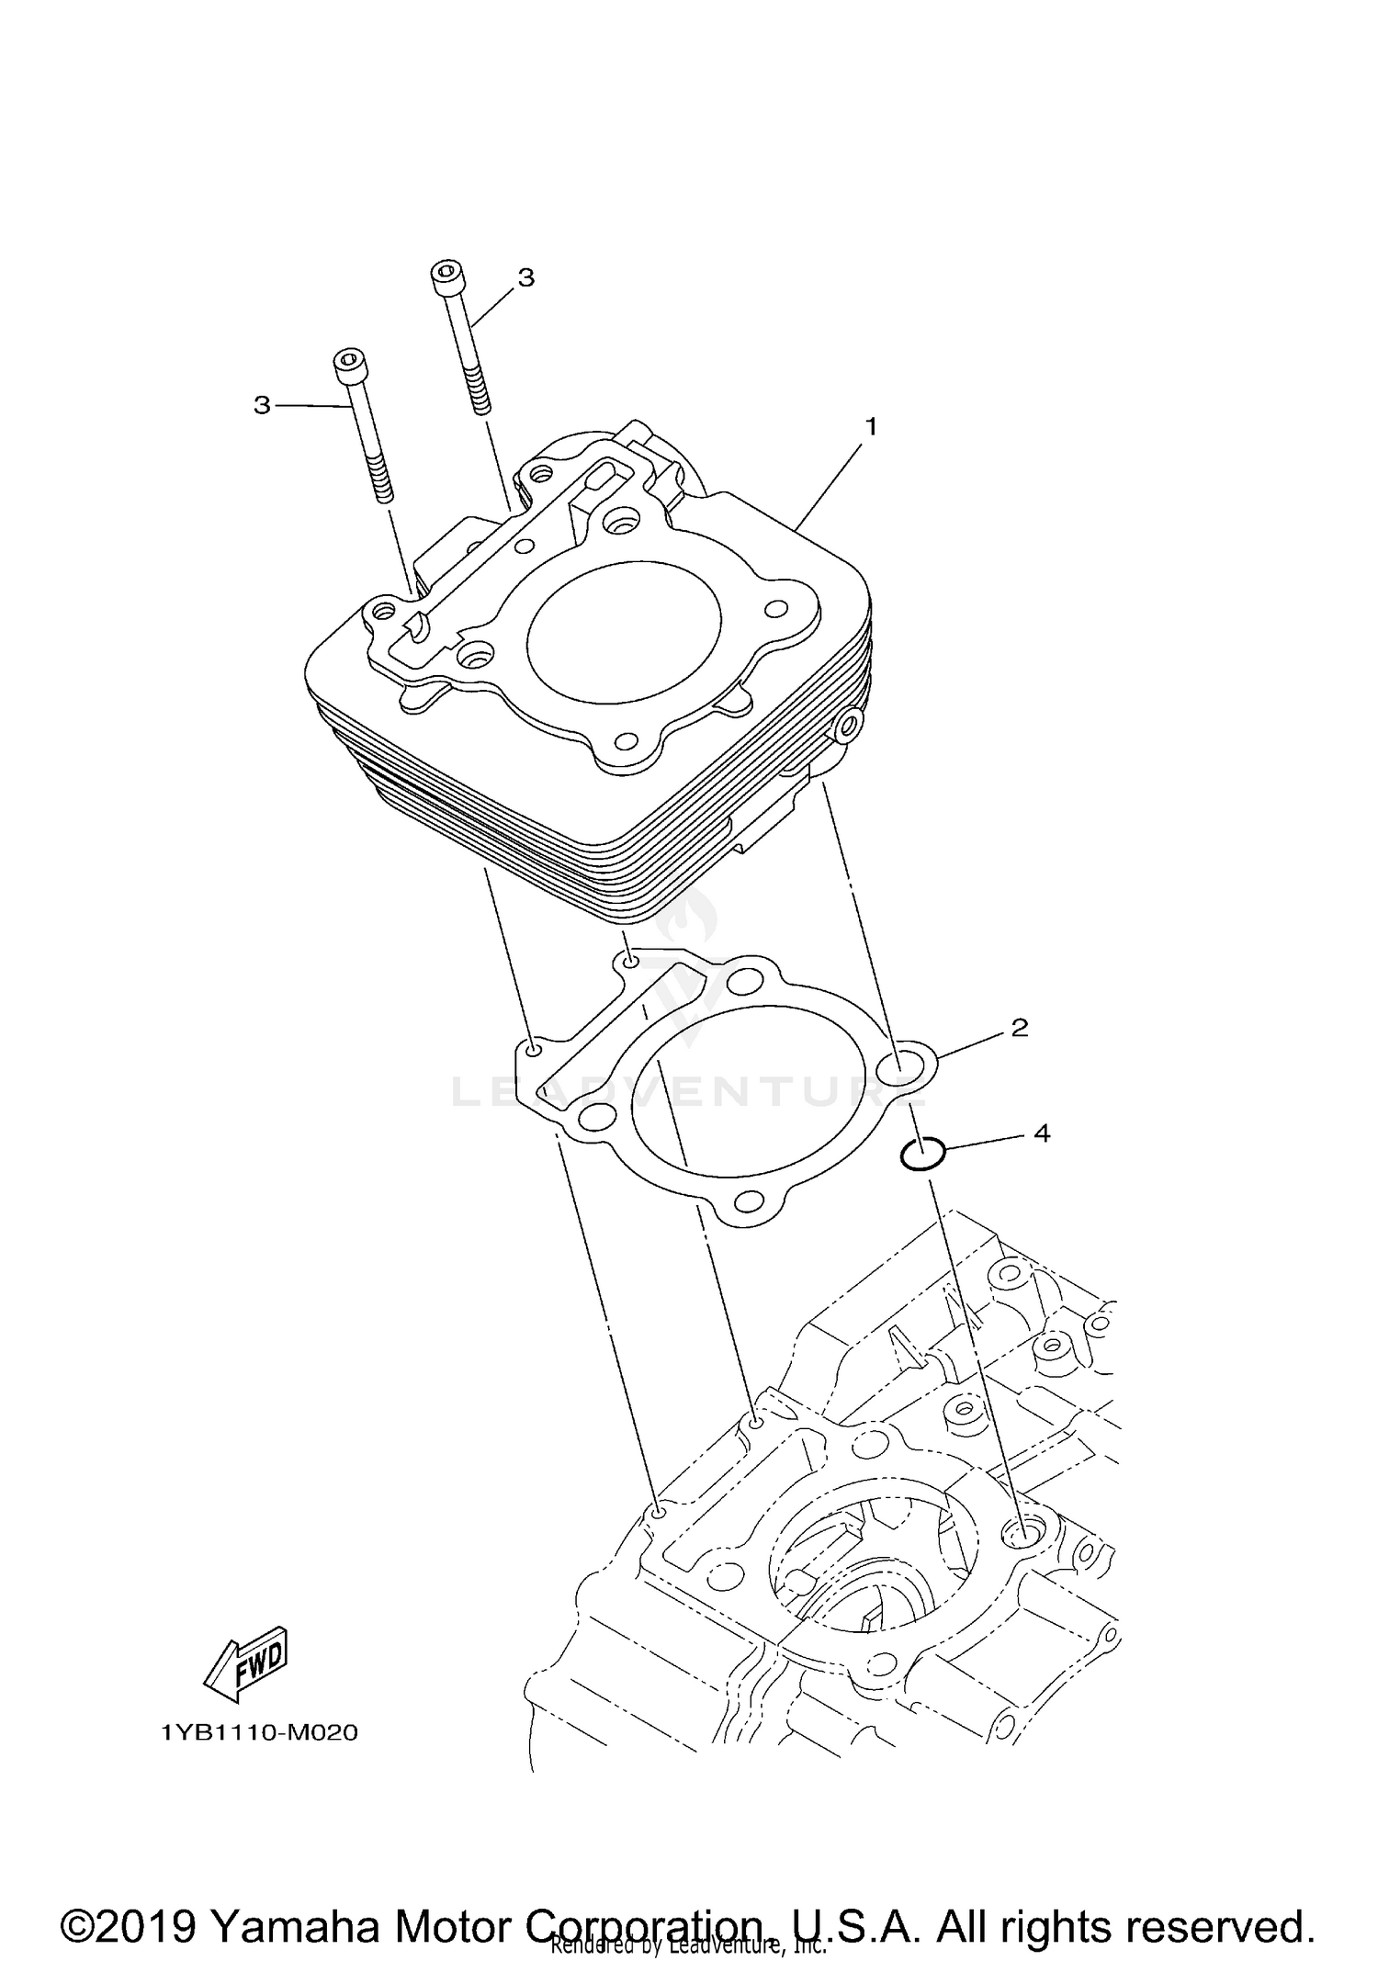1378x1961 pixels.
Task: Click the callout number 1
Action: point(871,427)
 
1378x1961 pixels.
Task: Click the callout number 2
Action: point(1019,1028)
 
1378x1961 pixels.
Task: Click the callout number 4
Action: point(1041,1133)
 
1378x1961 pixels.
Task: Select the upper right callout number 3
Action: point(525,277)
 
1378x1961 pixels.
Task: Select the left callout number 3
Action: point(263,405)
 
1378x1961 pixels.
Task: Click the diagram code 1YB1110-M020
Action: point(259,1733)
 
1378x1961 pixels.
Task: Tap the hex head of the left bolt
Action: point(348,366)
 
